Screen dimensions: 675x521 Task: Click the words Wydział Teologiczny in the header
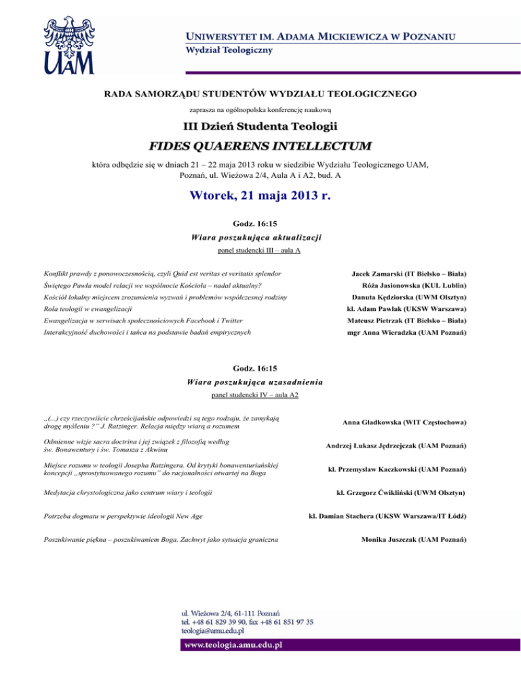pyautogui.click(x=221, y=50)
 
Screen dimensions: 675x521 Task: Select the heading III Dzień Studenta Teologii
pyautogui.click(x=260, y=126)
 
